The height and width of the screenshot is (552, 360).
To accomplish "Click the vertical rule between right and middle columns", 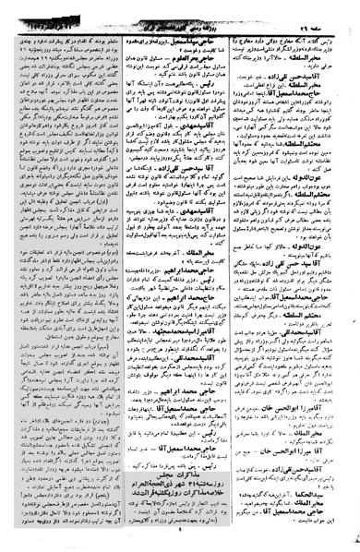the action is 242,277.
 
